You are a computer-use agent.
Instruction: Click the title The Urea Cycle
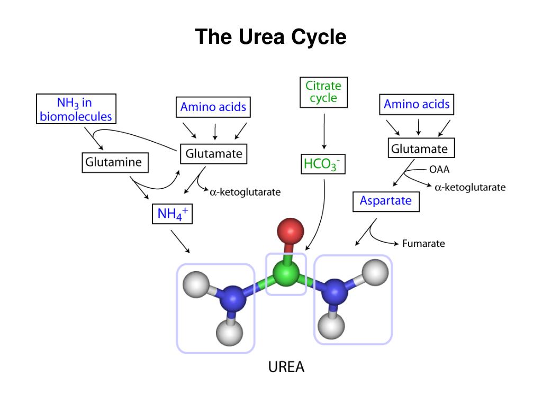click(270, 38)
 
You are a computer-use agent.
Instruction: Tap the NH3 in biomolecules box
click(77, 109)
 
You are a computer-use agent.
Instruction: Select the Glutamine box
click(114, 162)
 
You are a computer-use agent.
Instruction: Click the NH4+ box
click(172, 214)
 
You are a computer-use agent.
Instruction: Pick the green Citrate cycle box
click(323, 92)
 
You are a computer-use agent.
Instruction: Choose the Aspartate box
click(385, 201)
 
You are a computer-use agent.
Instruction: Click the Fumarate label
click(423, 244)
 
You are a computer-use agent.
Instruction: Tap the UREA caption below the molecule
click(286, 367)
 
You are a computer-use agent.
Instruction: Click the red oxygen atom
click(290, 231)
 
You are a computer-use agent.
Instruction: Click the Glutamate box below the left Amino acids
click(214, 154)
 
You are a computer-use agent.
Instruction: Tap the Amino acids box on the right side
click(417, 105)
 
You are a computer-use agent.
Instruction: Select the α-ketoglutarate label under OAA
click(470, 187)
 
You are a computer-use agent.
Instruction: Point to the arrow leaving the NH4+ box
click(180, 241)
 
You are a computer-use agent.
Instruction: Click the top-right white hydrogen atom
click(376, 272)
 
